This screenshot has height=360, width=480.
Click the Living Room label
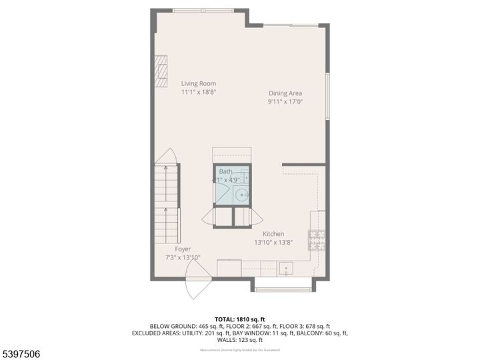tap(199, 83)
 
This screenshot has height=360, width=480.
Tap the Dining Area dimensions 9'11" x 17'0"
tap(285, 102)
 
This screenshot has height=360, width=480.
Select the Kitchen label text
tap(273, 234)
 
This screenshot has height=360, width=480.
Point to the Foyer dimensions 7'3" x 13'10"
tap(183, 257)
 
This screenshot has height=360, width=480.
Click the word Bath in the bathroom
tap(225, 171)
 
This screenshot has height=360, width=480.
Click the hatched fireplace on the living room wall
tap(160, 68)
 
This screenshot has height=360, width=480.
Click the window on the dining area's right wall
tap(327, 97)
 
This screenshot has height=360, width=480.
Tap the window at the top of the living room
tap(203, 10)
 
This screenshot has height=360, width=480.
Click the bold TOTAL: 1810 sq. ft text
tap(240, 318)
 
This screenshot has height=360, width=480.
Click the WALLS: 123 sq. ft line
tap(240, 339)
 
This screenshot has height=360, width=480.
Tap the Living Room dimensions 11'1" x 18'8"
tap(199, 93)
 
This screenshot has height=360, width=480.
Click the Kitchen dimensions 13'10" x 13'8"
tap(273, 243)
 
